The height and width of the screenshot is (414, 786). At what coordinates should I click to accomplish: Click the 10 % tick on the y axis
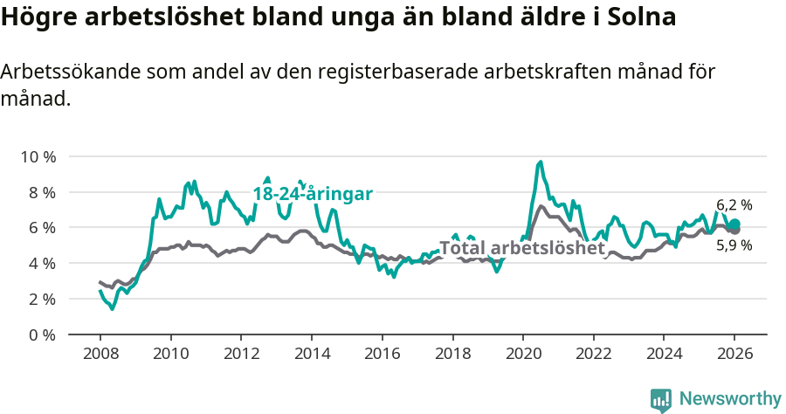coord(38,157)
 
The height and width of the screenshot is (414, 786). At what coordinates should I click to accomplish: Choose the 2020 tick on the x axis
coord(522,355)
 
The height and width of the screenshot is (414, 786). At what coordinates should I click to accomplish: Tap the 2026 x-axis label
coord(734,355)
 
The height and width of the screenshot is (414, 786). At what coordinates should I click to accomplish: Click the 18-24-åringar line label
coord(313,193)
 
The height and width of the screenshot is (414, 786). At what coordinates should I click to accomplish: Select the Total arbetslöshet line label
coord(521,248)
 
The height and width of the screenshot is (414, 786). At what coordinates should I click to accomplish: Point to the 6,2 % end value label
coord(734,205)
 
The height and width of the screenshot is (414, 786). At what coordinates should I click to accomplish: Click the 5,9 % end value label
coord(734,245)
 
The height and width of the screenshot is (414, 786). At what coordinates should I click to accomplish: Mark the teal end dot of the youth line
coord(734,224)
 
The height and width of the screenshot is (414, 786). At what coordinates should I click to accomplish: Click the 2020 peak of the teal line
coord(541,162)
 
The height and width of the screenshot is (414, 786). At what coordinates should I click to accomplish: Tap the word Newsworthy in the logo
coord(729,398)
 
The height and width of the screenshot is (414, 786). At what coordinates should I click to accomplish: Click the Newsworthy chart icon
coord(661,399)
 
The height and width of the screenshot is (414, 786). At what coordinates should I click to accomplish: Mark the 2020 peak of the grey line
coord(541,206)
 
